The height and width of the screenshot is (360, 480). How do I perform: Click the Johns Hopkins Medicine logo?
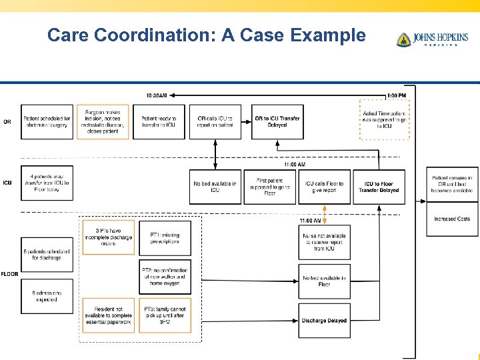[433, 39]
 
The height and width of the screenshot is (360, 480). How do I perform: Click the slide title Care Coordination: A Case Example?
[207, 35]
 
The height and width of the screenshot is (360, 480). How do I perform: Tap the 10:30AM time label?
[156, 95]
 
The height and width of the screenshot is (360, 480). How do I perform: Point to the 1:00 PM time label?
[396, 95]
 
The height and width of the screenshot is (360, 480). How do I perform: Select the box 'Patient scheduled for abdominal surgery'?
[46, 121]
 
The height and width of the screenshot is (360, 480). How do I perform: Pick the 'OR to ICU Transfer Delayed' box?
[277, 121]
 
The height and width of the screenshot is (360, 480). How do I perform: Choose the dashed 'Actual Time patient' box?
[384, 120]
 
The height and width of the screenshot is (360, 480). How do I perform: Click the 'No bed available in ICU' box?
[215, 187]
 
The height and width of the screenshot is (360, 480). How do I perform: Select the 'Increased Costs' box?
[452, 219]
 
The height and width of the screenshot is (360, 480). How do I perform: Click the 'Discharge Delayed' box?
[324, 321]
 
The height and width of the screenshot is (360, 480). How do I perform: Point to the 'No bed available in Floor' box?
[324, 281]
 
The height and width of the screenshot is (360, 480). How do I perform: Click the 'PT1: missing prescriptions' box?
[165, 238]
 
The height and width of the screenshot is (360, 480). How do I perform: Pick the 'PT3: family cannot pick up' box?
[165, 315]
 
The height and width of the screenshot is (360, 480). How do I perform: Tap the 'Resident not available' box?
[108, 315]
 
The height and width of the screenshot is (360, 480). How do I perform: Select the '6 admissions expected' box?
[46, 296]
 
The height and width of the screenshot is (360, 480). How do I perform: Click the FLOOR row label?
[9, 274]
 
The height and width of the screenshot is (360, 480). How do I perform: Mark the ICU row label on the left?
[7, 183]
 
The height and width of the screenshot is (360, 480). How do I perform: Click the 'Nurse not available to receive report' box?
[324, 241]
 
